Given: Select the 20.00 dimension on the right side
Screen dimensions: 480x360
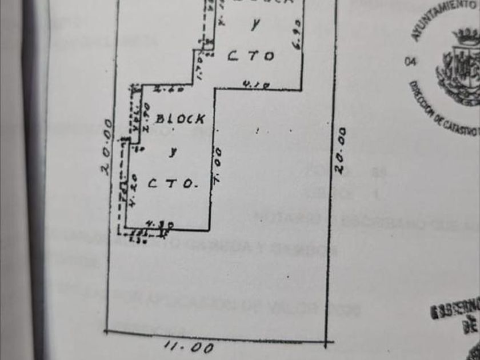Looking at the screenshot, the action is [341, 151].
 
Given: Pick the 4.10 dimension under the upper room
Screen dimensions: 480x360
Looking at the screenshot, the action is [251, 85].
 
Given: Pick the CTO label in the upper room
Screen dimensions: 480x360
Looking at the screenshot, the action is [251, 56].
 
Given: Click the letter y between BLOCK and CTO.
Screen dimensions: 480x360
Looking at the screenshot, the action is [171, 152].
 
